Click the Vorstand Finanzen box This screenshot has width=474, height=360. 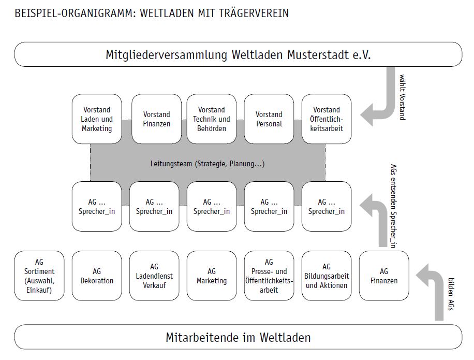156,119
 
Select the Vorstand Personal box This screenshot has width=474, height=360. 269,119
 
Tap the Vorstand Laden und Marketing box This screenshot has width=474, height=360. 97,119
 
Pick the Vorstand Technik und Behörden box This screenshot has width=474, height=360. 211,119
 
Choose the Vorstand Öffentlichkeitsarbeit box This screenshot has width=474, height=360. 327,119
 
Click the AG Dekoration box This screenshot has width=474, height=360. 97,276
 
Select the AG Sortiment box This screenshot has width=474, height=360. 39,276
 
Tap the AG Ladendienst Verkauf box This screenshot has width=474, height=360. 154,276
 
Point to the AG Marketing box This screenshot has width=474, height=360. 211,276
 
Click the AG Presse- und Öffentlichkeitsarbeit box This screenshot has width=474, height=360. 269,276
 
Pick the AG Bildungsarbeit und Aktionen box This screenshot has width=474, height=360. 327,276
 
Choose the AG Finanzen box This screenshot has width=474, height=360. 383,276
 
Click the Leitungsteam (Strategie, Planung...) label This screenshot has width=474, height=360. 207,164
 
